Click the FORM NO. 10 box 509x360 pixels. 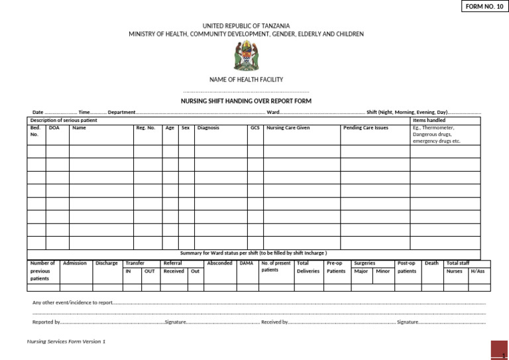coord(484,7)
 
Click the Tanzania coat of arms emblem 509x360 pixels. coord(246,56)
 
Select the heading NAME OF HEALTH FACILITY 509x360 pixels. coord(246,80)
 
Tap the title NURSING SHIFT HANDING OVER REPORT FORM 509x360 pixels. coord(246,101)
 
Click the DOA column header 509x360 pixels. coord(54,128)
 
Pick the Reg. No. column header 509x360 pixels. coord(145,128)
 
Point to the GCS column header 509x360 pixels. coord(255,128)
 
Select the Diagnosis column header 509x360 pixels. coord(208,128)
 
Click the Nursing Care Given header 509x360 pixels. coord(288,128)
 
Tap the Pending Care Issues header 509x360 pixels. coord(366,128)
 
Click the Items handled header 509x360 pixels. coord(429,120)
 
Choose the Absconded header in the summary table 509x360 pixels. coord(219,263)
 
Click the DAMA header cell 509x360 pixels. coord(247,263)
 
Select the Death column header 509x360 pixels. coord(431,263)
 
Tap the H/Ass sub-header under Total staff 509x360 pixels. coord(477,271)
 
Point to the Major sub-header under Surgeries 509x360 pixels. coord(361,271)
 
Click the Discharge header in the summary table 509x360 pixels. coord(106,263)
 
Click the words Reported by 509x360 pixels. coord(46,322)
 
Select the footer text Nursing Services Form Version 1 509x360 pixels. coord(66,341)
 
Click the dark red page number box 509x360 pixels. coord(499,351)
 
